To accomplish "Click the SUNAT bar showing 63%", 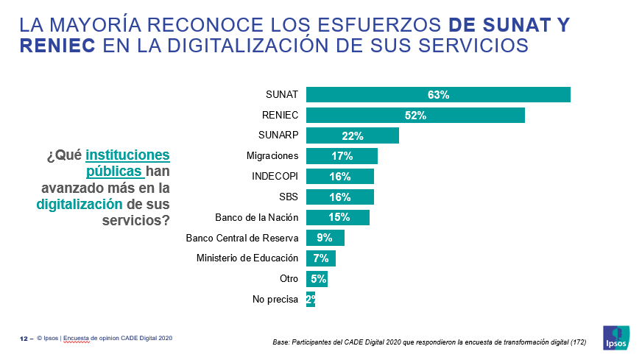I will pyautogui.click(x=438, y=95).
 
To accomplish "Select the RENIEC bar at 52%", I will pyautogui.click(x=415, y=116).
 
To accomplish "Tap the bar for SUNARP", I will pyautogui.click(x=352, y=135).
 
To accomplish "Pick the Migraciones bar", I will pyautogui.click(x=342, y=156).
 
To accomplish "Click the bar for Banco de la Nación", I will pyautogui.click(x=337, y=217).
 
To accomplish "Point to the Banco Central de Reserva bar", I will pyautogui.click(x=325, y=238).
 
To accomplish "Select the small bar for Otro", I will pyautogui.click(x=317, y=279).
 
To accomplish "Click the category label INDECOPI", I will pyautogui.click(x=275, y=177).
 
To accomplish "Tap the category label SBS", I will pyautogui.click(x=289, y=197).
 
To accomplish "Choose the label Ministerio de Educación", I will pyautogui.click(x=247, y=258).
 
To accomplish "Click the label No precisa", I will pyautogui.click(x=275, y=299).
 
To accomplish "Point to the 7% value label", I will pyautogui.click(x=321, y=258).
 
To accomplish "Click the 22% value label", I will pyautogui.click(x=352, y=135).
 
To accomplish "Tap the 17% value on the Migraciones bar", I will pyautogui.click(x=342, y=156).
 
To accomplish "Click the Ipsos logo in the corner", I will pyautogui.click(x=615, y=337).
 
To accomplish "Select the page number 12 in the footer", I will pyautogui.click(x=24, y=339).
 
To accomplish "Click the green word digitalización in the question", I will pyautogui.click(x=80, y=204).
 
